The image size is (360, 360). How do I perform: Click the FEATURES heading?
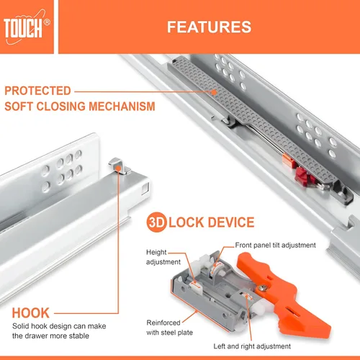[x=209, y=27]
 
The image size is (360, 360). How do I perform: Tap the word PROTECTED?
[x=37, y=91]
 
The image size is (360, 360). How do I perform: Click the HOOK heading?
[x=31, y=313]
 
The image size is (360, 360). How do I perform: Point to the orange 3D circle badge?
[x=156, y=222]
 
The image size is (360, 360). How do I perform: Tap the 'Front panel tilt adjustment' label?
[x=275, y=245]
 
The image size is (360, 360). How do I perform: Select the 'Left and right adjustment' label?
[x=252, y=346]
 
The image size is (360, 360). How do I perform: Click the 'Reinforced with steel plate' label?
[x=170, y=328]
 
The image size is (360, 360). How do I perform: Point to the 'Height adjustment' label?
[x=163, y=257]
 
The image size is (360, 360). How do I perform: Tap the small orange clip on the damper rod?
[x=288, y=160]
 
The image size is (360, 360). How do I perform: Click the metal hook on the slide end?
[x=119, y=166]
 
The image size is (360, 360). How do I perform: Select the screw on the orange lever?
[x=264, y=288]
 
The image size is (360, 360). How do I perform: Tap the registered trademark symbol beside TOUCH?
[x=48, y=22]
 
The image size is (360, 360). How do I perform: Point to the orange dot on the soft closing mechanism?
[x=214, y=91]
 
